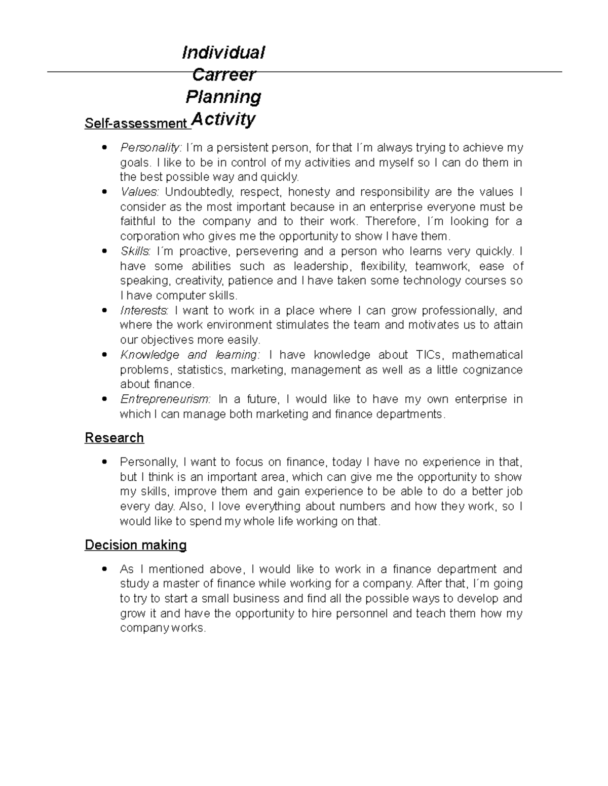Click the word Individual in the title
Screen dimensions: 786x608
223,52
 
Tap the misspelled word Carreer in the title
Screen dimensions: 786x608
223,74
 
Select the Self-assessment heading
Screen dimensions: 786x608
135,123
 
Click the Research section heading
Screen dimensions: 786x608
114,437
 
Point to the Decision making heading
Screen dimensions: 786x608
135,545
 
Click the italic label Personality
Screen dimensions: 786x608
150,147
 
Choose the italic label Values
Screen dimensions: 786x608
140,192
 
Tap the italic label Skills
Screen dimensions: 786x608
135,251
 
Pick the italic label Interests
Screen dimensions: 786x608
144,310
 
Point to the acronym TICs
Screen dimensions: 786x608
430,354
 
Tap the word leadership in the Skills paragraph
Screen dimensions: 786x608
321,266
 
